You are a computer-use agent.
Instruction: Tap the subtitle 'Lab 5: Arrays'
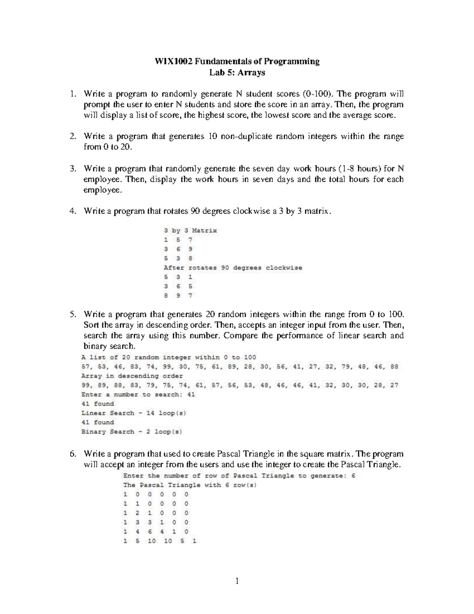[237, 72]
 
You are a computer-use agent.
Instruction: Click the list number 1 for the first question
[72, 94]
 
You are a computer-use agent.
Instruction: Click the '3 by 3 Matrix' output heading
[190, 230]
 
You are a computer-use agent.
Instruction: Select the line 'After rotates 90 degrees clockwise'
[233, 268]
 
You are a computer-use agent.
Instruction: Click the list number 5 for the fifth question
[72, 315]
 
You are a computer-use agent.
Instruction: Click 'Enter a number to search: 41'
[138, 395]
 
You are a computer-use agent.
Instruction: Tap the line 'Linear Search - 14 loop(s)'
[134, 413]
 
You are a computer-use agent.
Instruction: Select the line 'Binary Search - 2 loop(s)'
[132, 432]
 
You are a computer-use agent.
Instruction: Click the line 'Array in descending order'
[132, 376]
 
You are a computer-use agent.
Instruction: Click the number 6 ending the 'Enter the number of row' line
[353, 476]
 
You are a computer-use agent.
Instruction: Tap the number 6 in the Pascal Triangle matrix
[150, 532]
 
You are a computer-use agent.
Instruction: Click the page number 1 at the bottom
[237, 581]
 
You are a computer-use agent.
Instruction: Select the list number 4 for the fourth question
[72, 211]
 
